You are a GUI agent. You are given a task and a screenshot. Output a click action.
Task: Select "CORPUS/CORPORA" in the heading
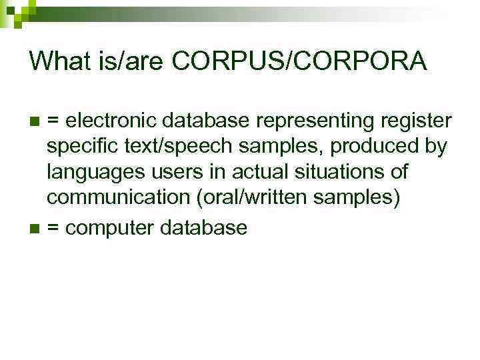tap(299, 61)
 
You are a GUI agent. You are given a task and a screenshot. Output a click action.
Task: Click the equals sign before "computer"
tap(54, 229)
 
